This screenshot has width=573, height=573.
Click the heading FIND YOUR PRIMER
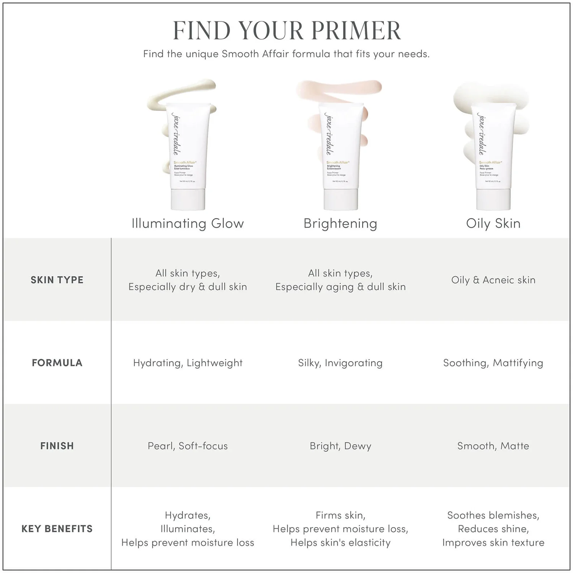pyautogui.click(x=286, y=30)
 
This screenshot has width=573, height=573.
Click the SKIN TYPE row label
pyautogui.click(x=57, y=280)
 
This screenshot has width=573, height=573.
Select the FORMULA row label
pyautogui.click(x=57, y=363)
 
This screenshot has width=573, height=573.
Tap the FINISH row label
pyautogui.click(x=57, y=446)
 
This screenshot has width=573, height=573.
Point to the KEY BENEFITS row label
pyautogui.click(x=57, y=529)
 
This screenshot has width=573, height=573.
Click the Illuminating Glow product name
pyautogui.click(x=188, y=223)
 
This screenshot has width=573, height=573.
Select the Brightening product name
pyautogui.click(x=340, y=223)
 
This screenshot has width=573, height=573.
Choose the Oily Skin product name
pyautogui.click(x=493, y=223)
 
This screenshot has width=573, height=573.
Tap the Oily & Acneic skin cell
pyautogui.click(x=493, y=280)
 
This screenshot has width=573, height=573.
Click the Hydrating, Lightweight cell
pyautogui.click(x=188, y=363)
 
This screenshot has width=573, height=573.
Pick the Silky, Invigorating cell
pyautogui.click(x=340, y=363)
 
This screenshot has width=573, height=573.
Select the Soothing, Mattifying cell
pyautogui.click(x=493, y=363)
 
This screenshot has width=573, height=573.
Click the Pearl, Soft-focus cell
pyautogui.click(x=188, y=446)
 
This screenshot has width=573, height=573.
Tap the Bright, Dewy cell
pyautogui.click(x=340, y=446)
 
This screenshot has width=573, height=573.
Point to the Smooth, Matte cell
pyautogui.click(x=493, y=446)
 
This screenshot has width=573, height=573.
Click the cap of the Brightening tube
pyautogui.click(x=341, y=199)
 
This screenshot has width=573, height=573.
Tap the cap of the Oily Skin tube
pyautogui.click(x=493, y=199)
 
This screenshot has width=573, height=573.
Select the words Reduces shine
pyautogui.click(x=493, y=529)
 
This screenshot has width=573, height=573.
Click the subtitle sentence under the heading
pyautogui.click(x=286, y=54)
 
